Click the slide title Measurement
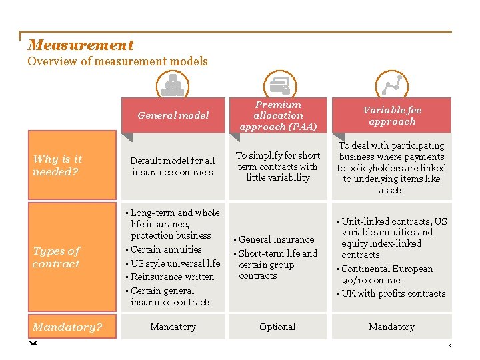coord(81,45)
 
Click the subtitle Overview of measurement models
coord(117,61)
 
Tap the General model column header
coord(173,115)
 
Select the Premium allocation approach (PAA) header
coord(278,115)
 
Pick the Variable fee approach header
coord(391,115)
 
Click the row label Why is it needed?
coord(57,165)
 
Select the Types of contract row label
coord(56,257)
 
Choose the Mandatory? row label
coord(67,327)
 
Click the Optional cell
coord(277,327)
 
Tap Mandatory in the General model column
coord(173,327)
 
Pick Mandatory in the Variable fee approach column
coord(391,327)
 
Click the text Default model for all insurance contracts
coord(173,167)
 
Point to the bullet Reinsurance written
coord(172,277)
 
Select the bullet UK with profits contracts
coord(393,293)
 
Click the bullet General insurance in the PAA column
coord(276,239)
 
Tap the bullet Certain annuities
coord(166,249)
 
